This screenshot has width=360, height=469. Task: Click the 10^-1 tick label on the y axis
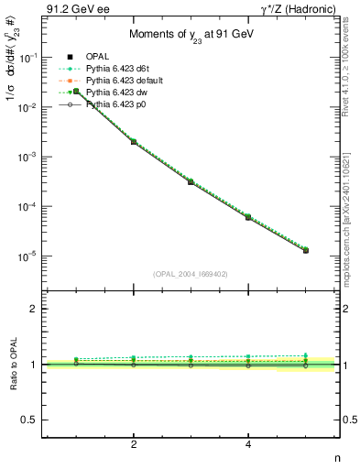coord(30,58)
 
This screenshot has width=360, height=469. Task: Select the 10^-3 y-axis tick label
coord(30,157)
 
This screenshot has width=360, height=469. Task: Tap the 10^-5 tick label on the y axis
coord(30,256)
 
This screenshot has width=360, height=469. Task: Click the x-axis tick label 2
coord(134,444)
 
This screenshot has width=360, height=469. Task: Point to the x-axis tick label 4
coord(248,444)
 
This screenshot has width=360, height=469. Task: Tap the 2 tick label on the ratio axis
coord(35,309)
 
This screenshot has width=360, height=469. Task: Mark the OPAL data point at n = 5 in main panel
coord(306,250)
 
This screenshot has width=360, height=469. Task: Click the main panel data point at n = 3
coord(191,181)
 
